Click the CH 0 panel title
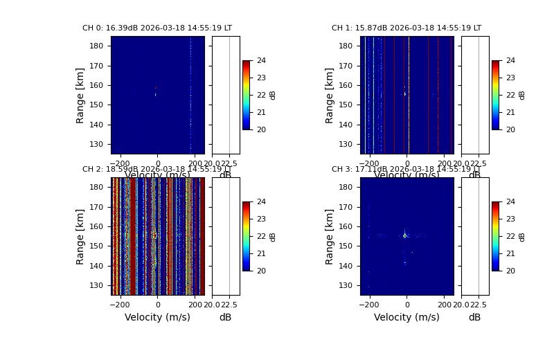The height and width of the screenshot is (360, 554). click(x=157, y=28)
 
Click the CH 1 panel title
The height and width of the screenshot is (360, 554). click(x=406, y=28)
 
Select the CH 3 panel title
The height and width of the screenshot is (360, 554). click(x=406, y=170)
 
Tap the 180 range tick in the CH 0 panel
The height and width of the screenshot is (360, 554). click(x=98, y=46)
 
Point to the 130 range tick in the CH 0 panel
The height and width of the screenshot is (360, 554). click(x=98, y=144)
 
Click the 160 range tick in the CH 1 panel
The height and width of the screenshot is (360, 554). click(x=347, y=85)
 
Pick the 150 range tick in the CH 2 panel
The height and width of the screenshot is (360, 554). click(x=98, y=246)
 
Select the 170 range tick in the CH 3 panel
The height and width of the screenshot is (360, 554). click(x=347, y=206)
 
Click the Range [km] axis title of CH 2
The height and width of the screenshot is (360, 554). click(x=80, y=236)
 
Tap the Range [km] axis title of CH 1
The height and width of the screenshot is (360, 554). click(x=330, y=95)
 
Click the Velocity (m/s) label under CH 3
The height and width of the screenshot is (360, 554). click(x=406, y=318)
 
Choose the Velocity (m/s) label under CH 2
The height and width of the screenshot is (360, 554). click(x=157, y=318)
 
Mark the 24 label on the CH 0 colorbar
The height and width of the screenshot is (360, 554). click(x=261, y=61)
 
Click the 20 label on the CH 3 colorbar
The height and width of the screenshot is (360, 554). click(x=510, y=271)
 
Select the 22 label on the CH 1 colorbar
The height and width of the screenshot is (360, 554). click(x=510, y=95)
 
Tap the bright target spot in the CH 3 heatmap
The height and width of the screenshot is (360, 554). click(x=405, y=235)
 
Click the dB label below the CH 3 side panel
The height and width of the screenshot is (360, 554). click(x=474, y=318)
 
